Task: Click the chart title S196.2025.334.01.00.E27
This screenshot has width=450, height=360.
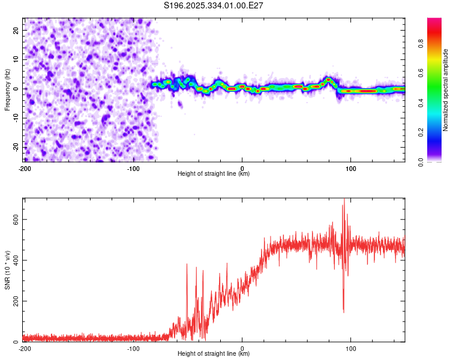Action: tap(214, 5)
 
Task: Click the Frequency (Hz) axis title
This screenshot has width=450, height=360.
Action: tap(7, 90)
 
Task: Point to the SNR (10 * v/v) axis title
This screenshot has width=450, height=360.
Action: tap(7, 270)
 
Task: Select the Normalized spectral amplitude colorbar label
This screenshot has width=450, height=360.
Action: tap(445, 90)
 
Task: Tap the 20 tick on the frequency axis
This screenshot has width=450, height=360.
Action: tap(16, 30)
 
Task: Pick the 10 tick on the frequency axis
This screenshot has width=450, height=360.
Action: tap(16, 59)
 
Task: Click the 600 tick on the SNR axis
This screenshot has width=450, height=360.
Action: tap(14, 220)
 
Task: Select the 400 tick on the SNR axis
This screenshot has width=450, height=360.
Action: tap(14, 260)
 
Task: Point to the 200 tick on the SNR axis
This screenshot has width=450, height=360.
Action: tap(14, 301)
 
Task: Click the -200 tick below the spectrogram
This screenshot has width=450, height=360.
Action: tap(25, 169)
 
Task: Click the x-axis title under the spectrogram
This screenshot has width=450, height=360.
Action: tap(214, 174)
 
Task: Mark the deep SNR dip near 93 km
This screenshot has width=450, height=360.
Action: tap(343, 311)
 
